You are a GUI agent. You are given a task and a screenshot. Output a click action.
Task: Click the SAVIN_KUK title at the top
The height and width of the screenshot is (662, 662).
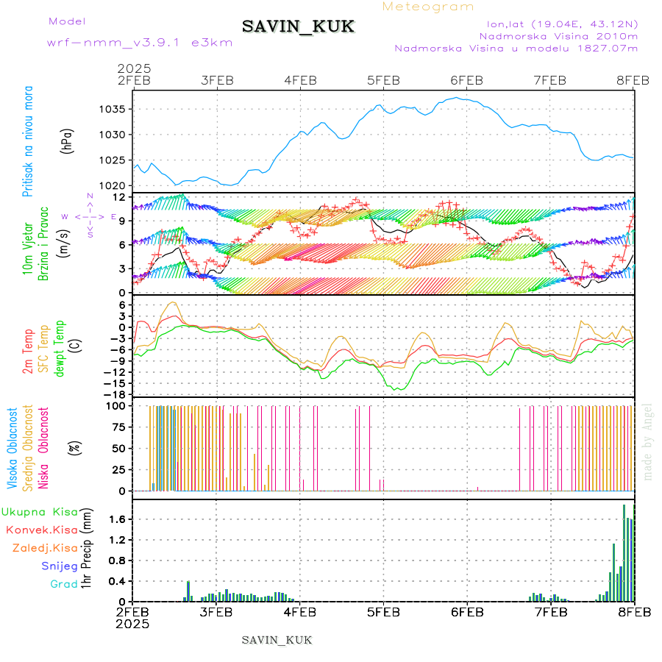(299, 27)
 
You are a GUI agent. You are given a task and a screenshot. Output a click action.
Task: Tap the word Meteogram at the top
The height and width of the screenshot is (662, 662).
(428, 7)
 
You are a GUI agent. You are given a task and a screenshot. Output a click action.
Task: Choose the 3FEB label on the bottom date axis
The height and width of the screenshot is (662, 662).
(216, 612)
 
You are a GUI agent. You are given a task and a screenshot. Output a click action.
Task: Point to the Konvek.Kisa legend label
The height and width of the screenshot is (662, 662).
(41, 530)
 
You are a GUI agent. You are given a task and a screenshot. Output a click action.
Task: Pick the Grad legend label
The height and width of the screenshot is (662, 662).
(63, 584)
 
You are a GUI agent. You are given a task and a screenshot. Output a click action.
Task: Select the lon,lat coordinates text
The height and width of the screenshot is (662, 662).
(562, 23)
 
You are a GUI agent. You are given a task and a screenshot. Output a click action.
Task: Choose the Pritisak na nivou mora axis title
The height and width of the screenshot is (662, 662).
(29, 142)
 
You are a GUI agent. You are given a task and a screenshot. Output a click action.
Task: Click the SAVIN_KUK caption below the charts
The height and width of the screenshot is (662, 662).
(277, 640)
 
